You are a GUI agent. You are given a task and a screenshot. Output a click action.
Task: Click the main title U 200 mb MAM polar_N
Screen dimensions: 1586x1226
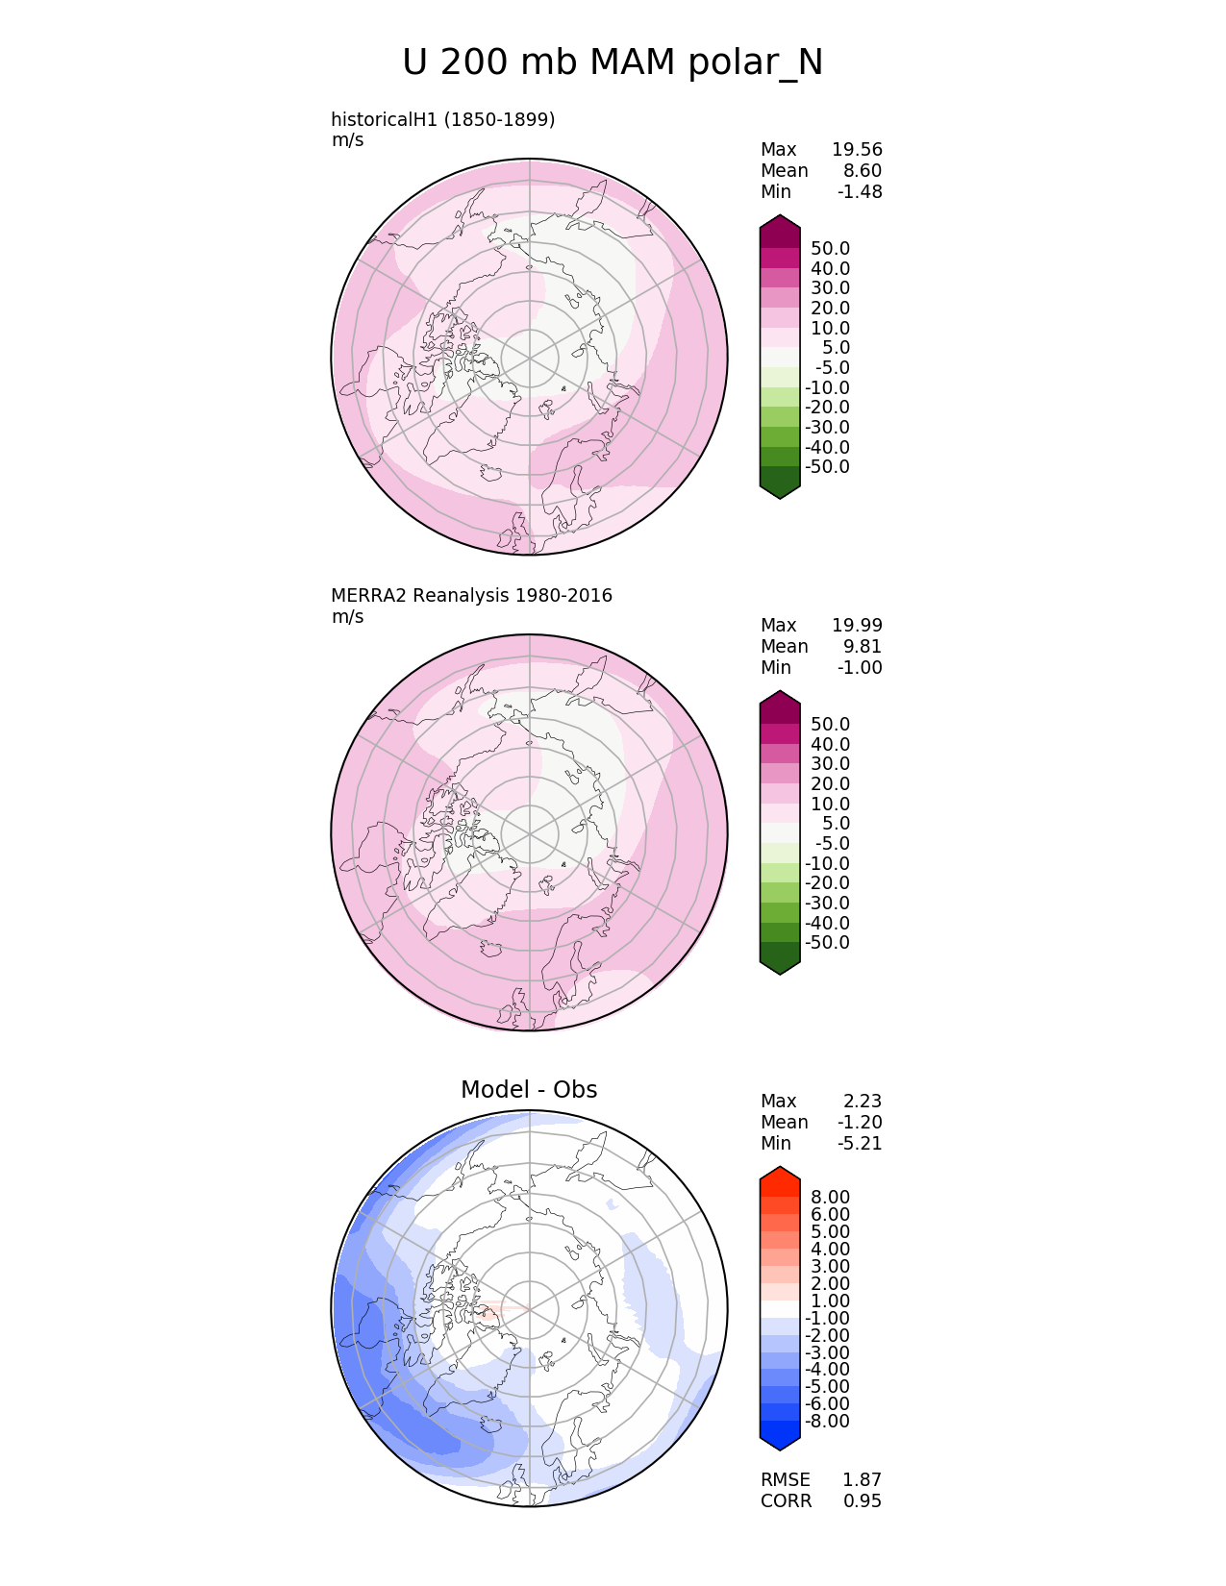click(613, 63)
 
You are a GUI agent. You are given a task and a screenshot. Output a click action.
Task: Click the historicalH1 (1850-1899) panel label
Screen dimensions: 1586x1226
click(442, 119)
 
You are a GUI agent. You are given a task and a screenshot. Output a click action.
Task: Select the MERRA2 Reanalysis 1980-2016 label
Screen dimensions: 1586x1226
click(471, 595)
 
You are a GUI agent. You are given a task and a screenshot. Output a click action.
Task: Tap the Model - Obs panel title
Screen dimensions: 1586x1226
click(529, 1089)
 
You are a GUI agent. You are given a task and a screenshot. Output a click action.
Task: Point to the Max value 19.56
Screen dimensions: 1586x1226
click(857, 149)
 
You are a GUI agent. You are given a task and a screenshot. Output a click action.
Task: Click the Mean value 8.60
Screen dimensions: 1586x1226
click(863, 170)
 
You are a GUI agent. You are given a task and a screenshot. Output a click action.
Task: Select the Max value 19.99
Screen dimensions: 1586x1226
click(857, 625)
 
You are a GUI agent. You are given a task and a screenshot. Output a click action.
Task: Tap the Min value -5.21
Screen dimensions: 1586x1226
click(860, 1143)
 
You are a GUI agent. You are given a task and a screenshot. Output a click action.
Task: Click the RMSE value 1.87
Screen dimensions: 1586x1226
click(862, 1479)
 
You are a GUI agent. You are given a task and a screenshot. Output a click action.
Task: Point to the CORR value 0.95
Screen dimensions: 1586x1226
click(862, 1500)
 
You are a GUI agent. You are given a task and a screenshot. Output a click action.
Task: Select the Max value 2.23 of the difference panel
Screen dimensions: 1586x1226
click(863, 1101)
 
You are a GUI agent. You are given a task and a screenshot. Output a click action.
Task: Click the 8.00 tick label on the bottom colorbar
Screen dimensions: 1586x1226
click(830, 1197)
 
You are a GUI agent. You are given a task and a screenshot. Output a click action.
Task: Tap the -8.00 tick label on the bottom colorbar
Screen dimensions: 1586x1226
click(827, 1421)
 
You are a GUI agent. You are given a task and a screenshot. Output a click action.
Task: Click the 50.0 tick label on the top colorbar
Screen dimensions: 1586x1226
click(830, 248)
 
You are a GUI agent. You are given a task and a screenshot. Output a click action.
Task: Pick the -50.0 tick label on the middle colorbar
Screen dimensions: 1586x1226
click(827, 942)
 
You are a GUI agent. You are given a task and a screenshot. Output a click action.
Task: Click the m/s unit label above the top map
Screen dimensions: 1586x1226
click(347, 140)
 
